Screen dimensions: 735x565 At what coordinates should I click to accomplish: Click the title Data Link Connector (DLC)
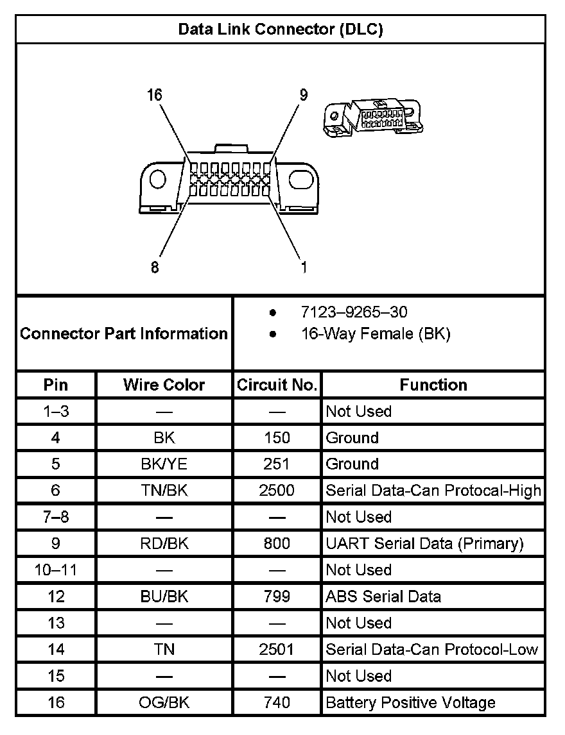pos(281,30)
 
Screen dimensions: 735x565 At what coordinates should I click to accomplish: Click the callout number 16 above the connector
pos(154,96)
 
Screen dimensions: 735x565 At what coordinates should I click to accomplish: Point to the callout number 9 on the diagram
pos(303,96)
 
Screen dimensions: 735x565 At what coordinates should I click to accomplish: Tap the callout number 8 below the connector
pos(155,267)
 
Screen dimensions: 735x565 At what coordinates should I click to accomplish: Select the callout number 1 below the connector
pos(304,267)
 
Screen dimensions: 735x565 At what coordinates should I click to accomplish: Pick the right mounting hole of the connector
pos(304,179)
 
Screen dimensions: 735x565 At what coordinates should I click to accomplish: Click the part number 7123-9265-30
pos(354,312)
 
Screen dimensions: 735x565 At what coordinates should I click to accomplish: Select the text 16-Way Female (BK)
pos(376,334)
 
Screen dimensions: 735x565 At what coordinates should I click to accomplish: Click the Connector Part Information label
pos(124,334)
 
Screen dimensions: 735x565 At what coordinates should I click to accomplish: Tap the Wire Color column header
pos(164,385)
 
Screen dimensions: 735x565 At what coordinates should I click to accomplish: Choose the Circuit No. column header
pos(277,385)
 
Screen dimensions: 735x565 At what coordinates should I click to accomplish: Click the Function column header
pos(433,385)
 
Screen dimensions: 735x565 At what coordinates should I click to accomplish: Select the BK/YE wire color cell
pos(164,464)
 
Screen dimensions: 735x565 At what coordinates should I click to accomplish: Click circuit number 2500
pos(277,491)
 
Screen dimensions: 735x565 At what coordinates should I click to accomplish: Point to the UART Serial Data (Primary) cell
pos(424,544)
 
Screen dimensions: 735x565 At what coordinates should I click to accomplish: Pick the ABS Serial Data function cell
pos(383,596)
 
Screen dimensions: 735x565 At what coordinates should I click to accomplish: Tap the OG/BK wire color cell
pos(164,702)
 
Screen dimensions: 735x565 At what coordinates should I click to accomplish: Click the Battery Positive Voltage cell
pos(410,702)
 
